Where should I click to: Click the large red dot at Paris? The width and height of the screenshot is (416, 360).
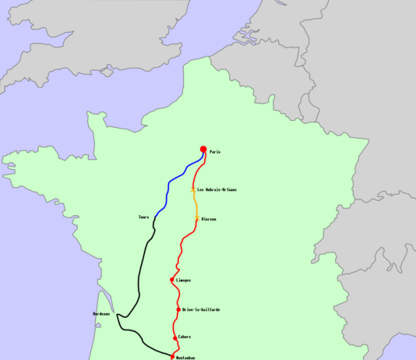203,150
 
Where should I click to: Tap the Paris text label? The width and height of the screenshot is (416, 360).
215,152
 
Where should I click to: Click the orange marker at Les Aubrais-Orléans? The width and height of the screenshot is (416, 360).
193,189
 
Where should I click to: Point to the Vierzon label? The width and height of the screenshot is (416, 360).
209,220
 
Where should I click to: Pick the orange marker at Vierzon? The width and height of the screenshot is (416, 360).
196,219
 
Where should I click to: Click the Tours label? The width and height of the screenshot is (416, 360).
143,217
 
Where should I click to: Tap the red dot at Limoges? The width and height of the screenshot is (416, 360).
171,280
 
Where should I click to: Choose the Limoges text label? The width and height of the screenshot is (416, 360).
184,280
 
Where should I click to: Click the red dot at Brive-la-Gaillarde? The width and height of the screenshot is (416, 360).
178,309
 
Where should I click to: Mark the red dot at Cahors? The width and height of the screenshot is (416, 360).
175,337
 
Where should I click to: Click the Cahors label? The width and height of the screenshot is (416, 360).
185,337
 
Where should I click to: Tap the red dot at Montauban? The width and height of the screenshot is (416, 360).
171,357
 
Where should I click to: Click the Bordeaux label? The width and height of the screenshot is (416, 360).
101,314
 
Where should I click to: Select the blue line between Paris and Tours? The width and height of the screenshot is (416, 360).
169,187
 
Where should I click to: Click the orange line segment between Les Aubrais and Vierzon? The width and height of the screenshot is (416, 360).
196,204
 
